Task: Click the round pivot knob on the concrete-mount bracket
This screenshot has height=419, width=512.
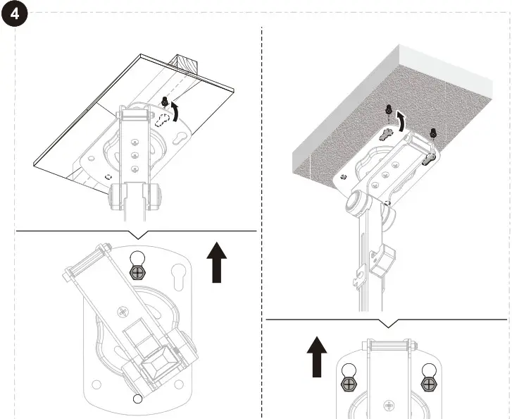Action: click(358, 205)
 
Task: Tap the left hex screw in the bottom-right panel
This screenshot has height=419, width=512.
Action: click(347, 384)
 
